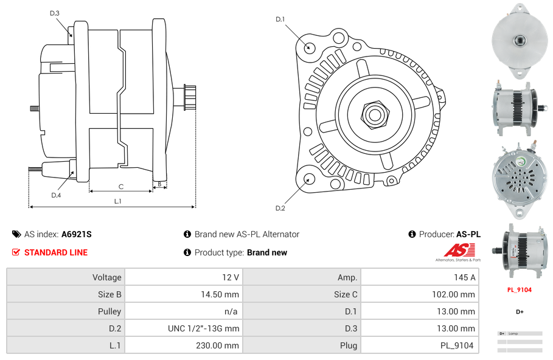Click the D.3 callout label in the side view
click(x=55, y=13)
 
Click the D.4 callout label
click(x=56, y=195)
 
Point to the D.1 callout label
click(x=280, y=19)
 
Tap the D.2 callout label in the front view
click(x=280, y=209)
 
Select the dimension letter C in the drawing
click(x=121, y=187)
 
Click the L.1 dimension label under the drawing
click(x=117, y=201)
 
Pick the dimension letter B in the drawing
click(x=159, y=183)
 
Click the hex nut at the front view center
click(x=375, y=113)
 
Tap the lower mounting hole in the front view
click(x=308, y=179)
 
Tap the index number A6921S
click(x=76, y=234)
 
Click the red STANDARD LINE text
click(x=56, y=252)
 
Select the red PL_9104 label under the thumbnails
click(x=519, y=289)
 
